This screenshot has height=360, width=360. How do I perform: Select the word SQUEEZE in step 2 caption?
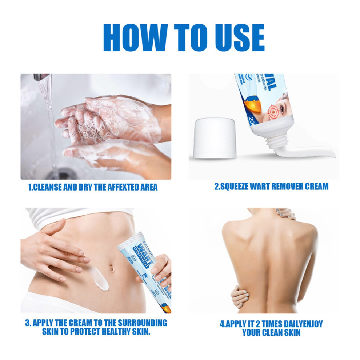coord(236,187)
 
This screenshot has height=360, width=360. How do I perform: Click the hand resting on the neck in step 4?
coord(285,214)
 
